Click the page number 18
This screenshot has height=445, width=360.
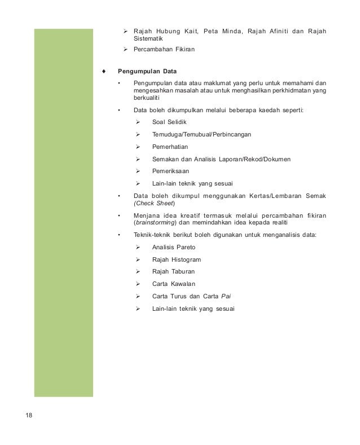tap(29, 416)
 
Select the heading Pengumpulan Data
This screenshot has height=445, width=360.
tap(147, 72)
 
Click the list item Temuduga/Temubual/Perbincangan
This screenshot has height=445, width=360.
tap(201, 135)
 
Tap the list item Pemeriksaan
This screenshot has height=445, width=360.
tap(171, 171)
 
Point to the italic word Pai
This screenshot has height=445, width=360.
tap(226, 296)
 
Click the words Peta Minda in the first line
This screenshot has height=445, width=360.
tap(214, 30)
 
